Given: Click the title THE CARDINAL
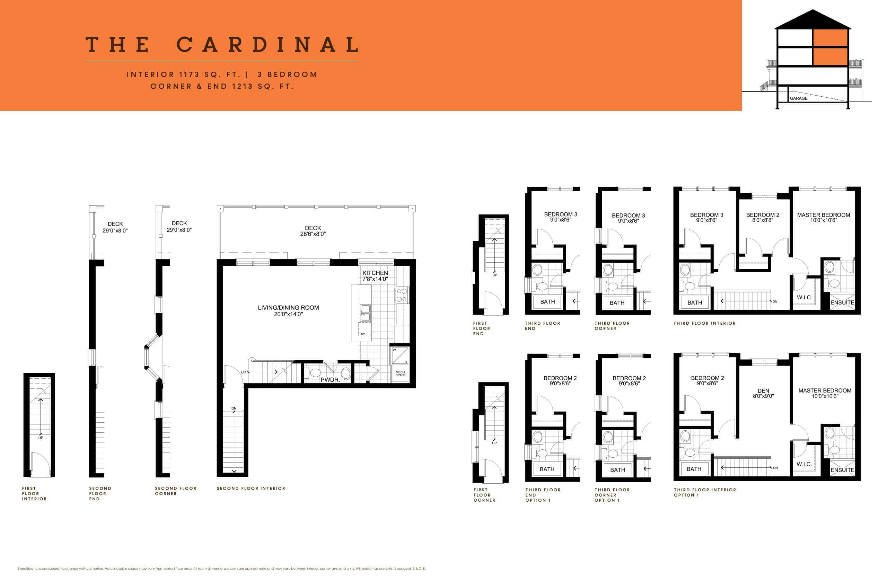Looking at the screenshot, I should coord(222,45).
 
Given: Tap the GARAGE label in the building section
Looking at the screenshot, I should coord(798,98).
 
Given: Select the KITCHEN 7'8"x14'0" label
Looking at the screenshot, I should coord(375,276).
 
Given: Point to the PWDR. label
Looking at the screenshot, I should coord(330,380).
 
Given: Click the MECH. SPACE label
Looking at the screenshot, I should coord(400,374).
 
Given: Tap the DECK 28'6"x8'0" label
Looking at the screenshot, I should coord(313,231).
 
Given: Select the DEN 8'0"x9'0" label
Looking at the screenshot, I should coord(763,393).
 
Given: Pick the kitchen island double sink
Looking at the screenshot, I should coord(365,313).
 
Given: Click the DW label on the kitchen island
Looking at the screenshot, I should coord(362,334).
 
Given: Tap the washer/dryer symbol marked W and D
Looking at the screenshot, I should coord(399,356).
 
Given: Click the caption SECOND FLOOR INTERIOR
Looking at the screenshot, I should coord(251,488).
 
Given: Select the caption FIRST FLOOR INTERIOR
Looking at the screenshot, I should coord(34,493).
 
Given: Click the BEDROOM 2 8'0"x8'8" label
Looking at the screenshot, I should coord(763,217).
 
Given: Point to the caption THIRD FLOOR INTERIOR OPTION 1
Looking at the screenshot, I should coord(704,492).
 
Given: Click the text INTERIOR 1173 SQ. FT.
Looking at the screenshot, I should coord(183,74).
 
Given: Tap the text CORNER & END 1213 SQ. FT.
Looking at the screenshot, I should coord(222,87).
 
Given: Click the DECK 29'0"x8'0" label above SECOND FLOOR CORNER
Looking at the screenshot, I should coord(179,226).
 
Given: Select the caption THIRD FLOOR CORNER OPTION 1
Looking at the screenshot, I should coord(612,495).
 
